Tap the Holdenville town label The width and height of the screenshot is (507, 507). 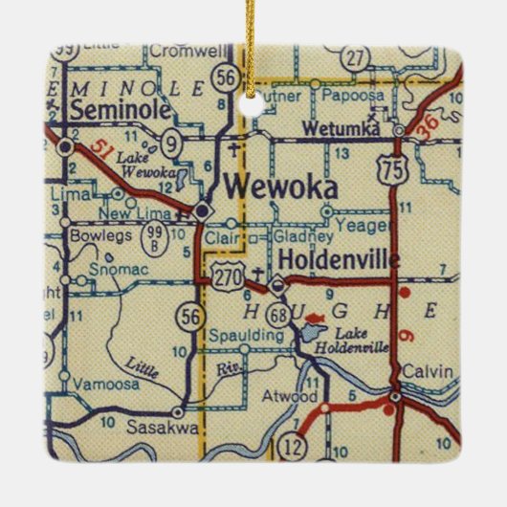pyautogui.click(x=333, y=258)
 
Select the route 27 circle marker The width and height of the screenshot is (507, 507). pyautogui.click(x=357, y=58)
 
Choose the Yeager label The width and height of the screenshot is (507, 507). pyautogui.click(x=365, y=227)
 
